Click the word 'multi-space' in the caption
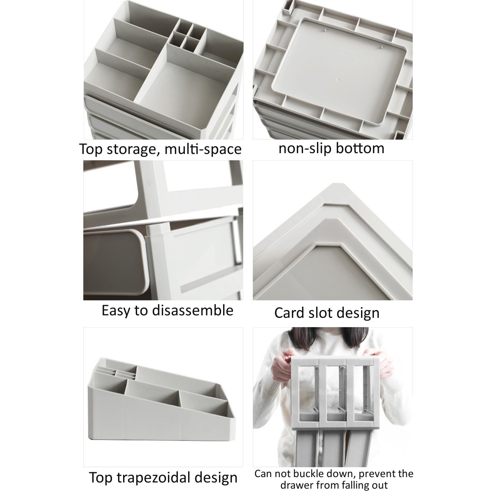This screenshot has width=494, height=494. click(x=203, y=149)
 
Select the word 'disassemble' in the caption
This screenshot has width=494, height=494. click(x=193, y=310)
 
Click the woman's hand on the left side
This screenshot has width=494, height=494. click(x=283, y=364)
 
